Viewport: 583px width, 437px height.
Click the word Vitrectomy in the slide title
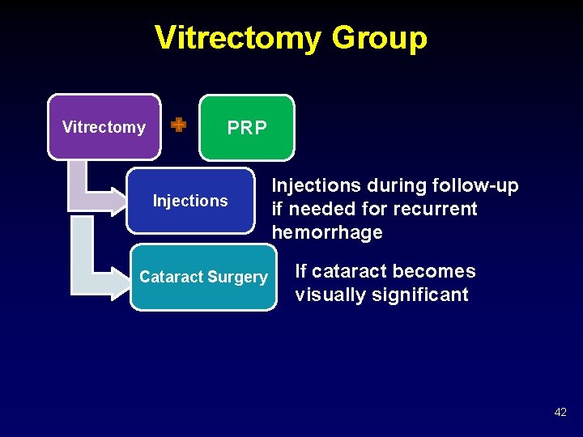237,37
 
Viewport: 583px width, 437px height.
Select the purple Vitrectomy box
104,127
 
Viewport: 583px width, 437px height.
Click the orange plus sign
178,125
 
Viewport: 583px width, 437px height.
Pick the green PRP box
247,128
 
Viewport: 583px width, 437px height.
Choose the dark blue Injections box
191,201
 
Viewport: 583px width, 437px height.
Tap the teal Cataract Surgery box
203,277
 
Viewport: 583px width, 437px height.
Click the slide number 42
560,412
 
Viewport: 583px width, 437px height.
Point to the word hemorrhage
327,233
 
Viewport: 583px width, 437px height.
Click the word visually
330,295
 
